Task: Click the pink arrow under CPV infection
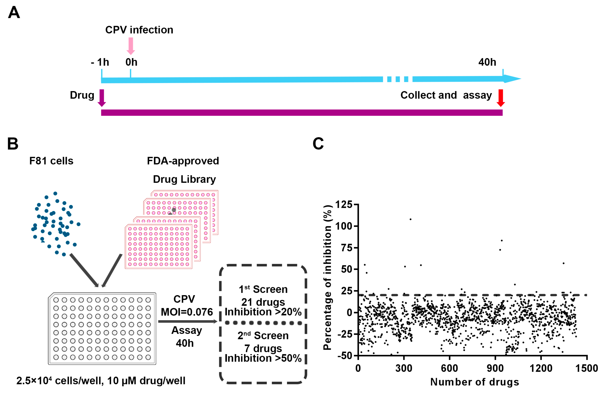[x=131, y=46]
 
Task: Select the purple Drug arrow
[x=102, y=98]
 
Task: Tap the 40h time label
[x=487, y=62]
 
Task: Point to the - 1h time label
[x=100, y=62]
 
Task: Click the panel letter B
[x=13, y=144]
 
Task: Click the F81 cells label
[x=51, y=161]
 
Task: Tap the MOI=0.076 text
[x=187, y=312]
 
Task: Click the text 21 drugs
[x=263, y=302]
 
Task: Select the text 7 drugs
[x=263, y=348]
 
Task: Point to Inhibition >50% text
[x=263, y=358]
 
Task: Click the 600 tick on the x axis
[x=449, y=368]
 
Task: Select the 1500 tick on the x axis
[x=587, y=368]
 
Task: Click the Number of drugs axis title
[x=475, y=382]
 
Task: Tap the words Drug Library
[x=184, y=179]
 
